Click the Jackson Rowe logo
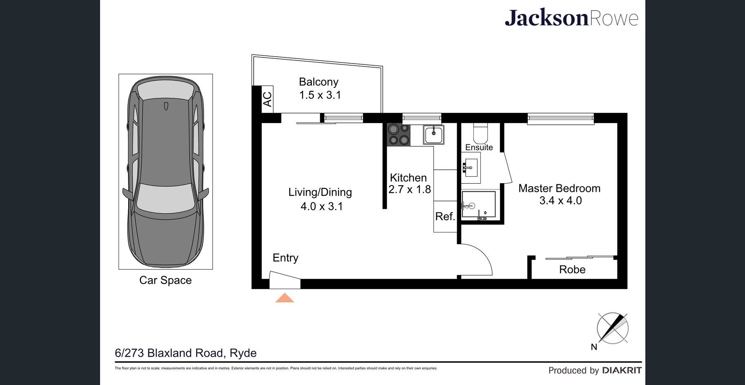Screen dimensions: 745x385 [x=571, y=18]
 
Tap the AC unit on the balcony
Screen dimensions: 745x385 [x=268, y=99]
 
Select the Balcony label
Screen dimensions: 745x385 [x=319, y=82]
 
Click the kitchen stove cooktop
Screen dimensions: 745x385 [x=399, y=135]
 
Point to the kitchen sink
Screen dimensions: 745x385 [x=433, y=134]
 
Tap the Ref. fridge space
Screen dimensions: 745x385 [x=445, y=217]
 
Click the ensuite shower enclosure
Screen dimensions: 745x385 [x=478, y=206]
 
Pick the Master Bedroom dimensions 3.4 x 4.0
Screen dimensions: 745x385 [x=560, y=201]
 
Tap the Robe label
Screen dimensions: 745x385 [x=572, y=270]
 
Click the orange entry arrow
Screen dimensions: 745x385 [x=285, y=298]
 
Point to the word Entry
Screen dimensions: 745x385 [x=286, y=258]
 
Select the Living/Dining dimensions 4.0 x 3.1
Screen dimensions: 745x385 [x=322, y=206]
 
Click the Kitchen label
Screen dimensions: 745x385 [x=408, y=178]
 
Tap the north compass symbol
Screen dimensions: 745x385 [x=612, y=328]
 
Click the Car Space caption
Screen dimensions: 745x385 [x=165, y=280]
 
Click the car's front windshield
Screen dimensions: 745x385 [x=166, y=197]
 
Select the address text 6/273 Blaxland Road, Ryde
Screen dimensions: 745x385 [x=186, y=353]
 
